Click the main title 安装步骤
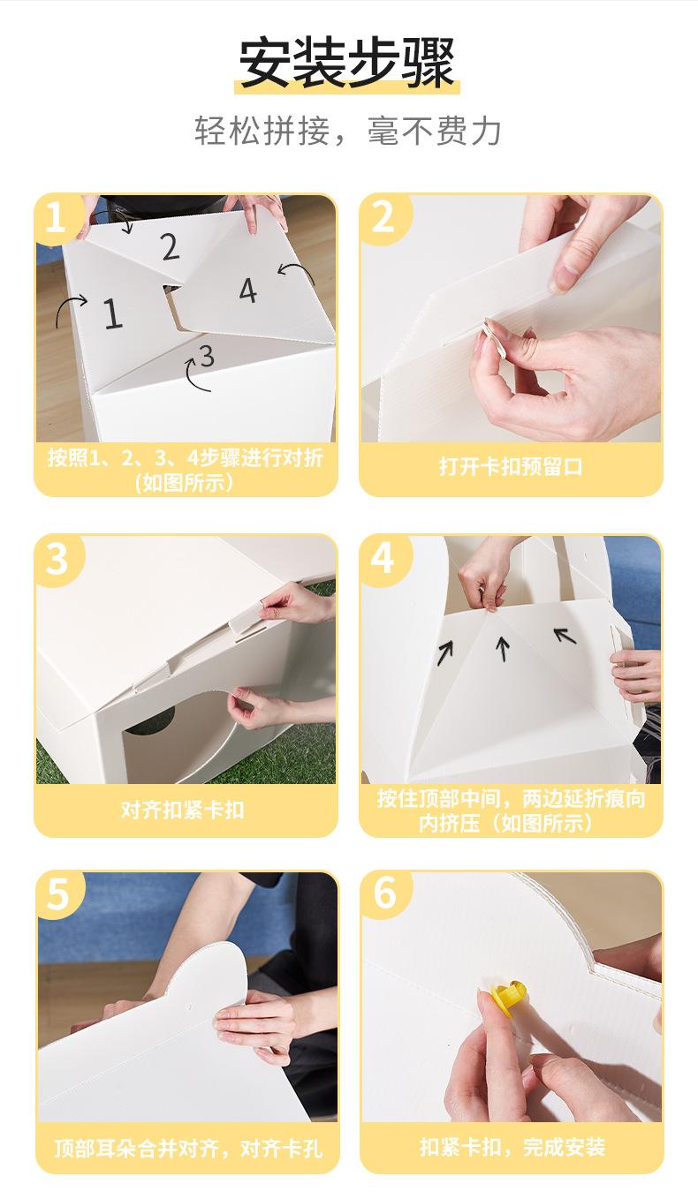pyautogui.click(x=347, y=63)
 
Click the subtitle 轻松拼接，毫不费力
pyautogui.click(x=347, y=130)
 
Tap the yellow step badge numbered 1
pyautogui.click(x=57, y=218)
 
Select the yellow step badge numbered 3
pyautogui.click(x=57, y=560)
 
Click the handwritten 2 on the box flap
pyautogui.click(x=171, y=246)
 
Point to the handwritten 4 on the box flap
pyautogui.click(x=247, y=290)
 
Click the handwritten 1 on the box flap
pyautogui.click(x=112, y=313)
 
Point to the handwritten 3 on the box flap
pyautogui.click(x=206, y=356)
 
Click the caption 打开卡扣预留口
pyautogui.click(x=511, y=467)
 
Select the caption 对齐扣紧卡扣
pyautogui.click(x=183, y=811)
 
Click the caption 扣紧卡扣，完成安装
pyautogui.click(x=512, y=1147)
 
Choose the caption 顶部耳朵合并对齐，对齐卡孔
pyautogui.click(x=188, y=1148)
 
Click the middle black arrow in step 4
pyautogui.click(x=502, y=649)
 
